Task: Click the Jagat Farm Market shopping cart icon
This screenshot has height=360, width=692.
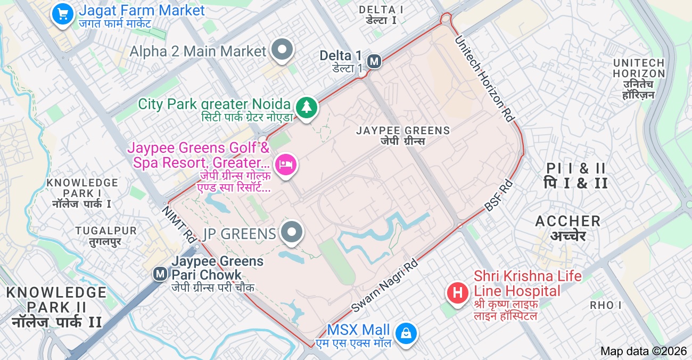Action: coord(63,13)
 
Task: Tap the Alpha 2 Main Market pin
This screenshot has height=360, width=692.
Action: coord(283,50)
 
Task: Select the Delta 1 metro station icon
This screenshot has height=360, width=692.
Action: coord(375,61)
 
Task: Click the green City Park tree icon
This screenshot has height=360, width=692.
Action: coord(306,107)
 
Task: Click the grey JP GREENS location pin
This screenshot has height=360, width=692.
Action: coord(291,233)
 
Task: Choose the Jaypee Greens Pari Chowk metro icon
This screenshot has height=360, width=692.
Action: coord(160,274)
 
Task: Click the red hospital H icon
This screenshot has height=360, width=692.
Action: coord(457,292)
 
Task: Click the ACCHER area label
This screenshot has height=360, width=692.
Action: coord(568,221)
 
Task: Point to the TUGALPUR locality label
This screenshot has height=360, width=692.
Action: coord(106,231)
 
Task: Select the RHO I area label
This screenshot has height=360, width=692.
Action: coord(606,305)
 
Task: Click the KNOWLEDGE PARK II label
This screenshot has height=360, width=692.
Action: coord(56,300)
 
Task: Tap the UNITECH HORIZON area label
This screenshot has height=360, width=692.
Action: coord(639,68)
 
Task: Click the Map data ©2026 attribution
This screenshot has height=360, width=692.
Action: coord(644,351)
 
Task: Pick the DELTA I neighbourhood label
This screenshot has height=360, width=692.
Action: coord(381,10)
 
